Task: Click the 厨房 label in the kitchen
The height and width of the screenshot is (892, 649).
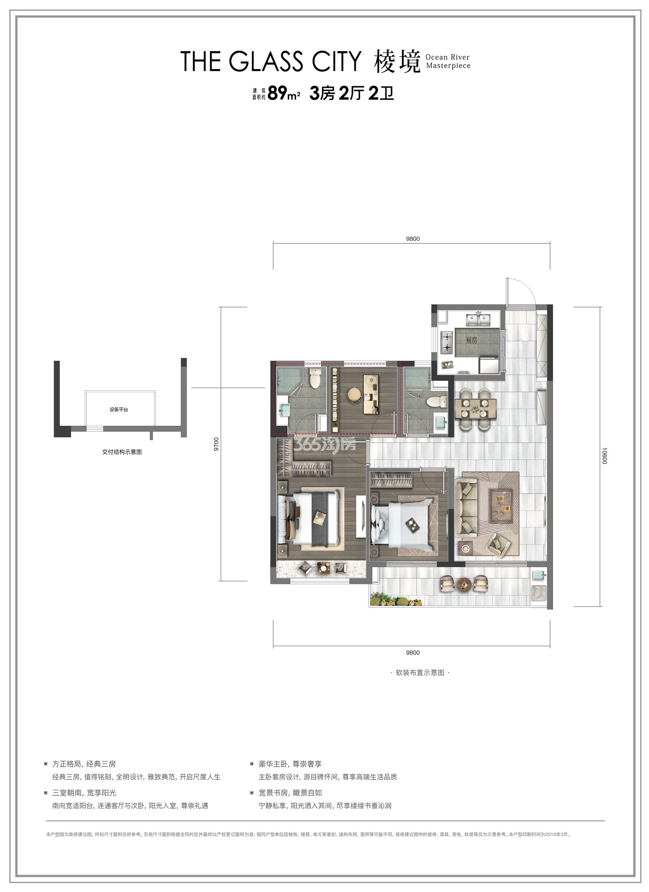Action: pos(472,340)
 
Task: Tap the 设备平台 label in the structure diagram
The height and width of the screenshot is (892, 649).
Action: pos(119,409)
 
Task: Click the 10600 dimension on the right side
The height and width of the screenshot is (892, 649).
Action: pos(605,456)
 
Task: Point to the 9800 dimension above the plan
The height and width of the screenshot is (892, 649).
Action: pos(413,239)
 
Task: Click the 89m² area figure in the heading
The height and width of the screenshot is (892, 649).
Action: pos(284,94)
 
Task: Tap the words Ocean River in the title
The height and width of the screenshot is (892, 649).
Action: pos(447,57)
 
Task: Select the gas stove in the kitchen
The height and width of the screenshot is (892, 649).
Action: pos(447,342)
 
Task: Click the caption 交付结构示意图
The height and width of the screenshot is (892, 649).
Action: pos(122,452)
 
